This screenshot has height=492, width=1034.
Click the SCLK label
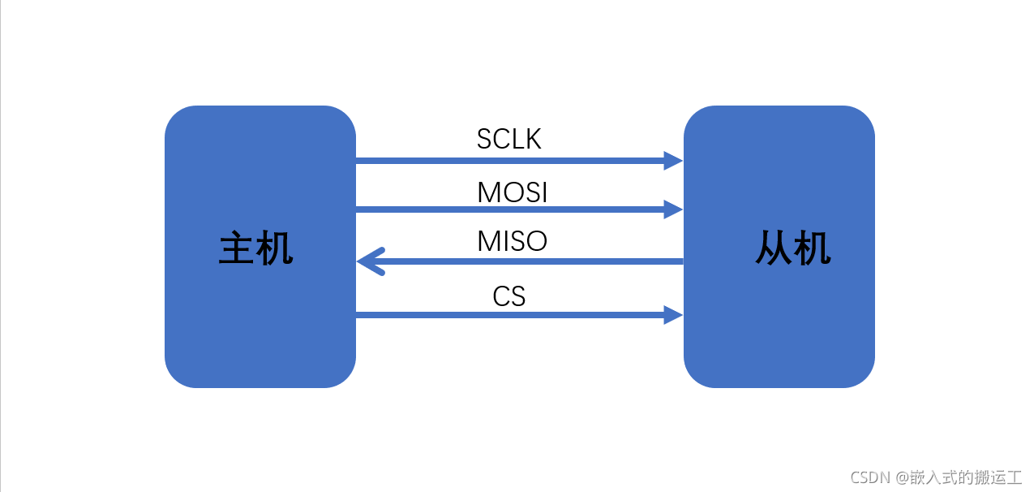pyautogui.click(x=508, y=140)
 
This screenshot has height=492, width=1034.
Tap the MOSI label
pyautogui.click(x=512, y=192)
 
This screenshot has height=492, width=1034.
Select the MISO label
pyautogui.click(x=512, y=241)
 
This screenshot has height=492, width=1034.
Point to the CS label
pyautogui.click(x=509, y=296)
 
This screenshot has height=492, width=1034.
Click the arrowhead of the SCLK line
pyautogui.click(x=673, y=161)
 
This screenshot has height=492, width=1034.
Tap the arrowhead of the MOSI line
pyautogui.click(x=673, y=209)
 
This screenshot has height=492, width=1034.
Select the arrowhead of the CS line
pyautogui.click(x=673, y=315)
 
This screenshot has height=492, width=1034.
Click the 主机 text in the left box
pyautogui.click(x=256, y=248)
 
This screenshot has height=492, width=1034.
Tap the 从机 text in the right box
pyautogui.click(x=793, y=248)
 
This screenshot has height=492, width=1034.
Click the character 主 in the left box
pyautogui.click(x=238, y=248)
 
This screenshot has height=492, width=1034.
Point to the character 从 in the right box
pyautogui.click(x=774, y=248)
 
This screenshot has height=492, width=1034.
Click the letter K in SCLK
pyautogui.click(x=532, y=140)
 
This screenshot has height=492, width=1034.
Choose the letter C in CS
pyautogui.click(x=501, y=296)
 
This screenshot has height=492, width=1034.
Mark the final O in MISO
pyautogui.click(x=537, y=241)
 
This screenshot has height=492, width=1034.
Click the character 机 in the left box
pyautogui.click(x=276, y=248)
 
